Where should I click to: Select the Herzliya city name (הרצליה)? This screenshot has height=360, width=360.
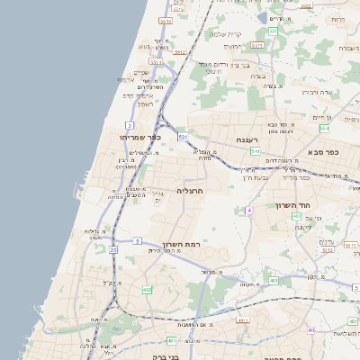pos(192,191)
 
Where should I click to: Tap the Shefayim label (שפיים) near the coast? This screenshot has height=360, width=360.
pos(141,73)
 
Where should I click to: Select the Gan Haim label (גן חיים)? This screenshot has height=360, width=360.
pos(322,117)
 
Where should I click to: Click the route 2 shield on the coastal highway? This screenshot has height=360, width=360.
pos(130,124)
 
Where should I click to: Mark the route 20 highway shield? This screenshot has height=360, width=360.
pos(113,248)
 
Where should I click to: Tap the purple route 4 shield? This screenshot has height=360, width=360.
pos(247,210)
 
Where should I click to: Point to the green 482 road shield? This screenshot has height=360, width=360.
pos(146,290)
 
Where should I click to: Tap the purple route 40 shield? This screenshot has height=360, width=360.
pos(310,330)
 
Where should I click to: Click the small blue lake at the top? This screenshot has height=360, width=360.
pos(274,18)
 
